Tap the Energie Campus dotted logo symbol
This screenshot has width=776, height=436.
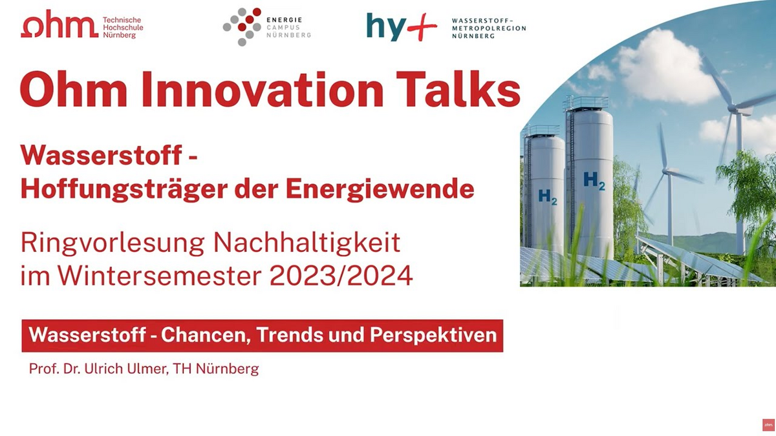coord(242,26)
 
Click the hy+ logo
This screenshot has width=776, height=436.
coord(402,27)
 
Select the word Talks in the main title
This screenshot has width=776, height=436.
coord(458,89)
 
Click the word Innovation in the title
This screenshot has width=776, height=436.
coord(263,89)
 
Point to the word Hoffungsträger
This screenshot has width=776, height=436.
coord(124,189)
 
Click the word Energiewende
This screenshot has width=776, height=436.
coord(380,189)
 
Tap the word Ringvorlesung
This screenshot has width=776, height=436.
coord(113,244)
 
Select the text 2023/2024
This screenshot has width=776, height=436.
coord(341,276)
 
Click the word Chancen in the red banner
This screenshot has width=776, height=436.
coord(206,335)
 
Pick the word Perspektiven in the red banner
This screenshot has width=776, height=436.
coord(433,335)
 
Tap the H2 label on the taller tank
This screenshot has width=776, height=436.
coord(594,181)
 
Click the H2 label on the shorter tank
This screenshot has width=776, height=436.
coord(548,197)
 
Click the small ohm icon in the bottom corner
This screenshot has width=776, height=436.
coord(768,424)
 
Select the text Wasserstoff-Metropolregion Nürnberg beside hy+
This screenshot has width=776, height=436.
coord(489,28)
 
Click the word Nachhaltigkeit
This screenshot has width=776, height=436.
coord(307,244)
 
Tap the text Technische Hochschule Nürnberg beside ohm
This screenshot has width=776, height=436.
coord(123,28)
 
